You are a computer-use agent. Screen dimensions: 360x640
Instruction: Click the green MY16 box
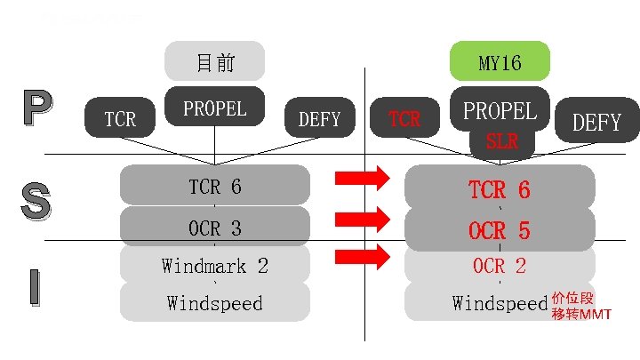(500, 61)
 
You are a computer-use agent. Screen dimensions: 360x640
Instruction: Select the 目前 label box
(214, 61)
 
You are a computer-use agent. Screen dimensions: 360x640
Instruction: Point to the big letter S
(36, 198)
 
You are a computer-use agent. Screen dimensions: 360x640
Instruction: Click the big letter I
(33, 286)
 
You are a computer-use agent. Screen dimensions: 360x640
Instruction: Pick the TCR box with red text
(404, 118)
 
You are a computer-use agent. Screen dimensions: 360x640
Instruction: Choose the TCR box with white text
(120, 118)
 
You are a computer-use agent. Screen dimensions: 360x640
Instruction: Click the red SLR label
(501, 141)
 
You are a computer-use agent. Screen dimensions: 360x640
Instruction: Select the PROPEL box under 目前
(214, 107)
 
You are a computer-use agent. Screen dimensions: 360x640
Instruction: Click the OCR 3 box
(214, 228)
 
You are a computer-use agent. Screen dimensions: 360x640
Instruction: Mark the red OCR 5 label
(500, 231)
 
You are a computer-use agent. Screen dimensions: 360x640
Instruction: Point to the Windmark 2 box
(214, 265)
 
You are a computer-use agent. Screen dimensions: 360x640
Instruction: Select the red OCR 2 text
(500, 265)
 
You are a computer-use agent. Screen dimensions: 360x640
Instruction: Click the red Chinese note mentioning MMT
(580, 305)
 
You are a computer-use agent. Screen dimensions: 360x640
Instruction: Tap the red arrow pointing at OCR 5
(362, 218)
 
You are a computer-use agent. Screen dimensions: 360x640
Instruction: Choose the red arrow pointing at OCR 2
(362, 258)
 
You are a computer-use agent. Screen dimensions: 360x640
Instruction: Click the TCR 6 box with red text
(500, 189)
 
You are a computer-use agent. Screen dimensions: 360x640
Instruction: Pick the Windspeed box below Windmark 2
(214, 303)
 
